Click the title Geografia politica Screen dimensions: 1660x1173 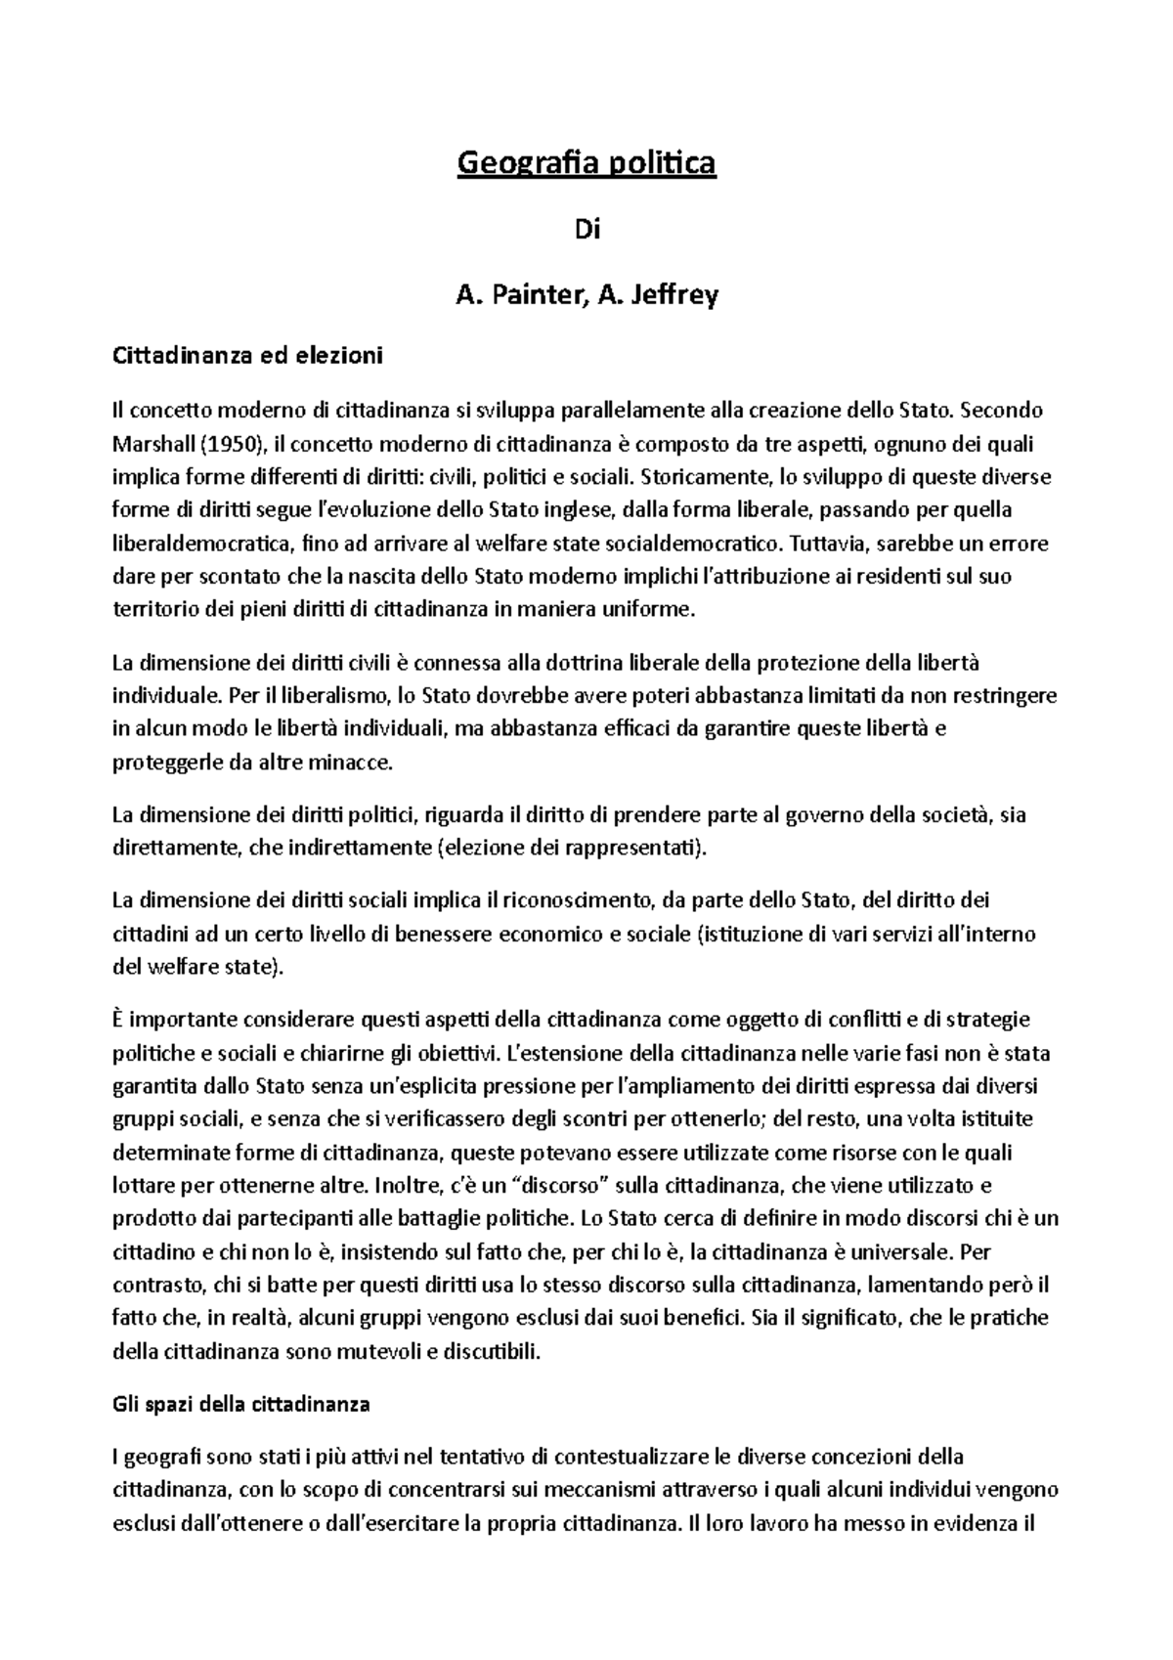pos(586,163)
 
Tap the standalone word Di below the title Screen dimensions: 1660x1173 pos(586,231)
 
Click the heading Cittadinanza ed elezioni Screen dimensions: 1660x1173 pos(248,356)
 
